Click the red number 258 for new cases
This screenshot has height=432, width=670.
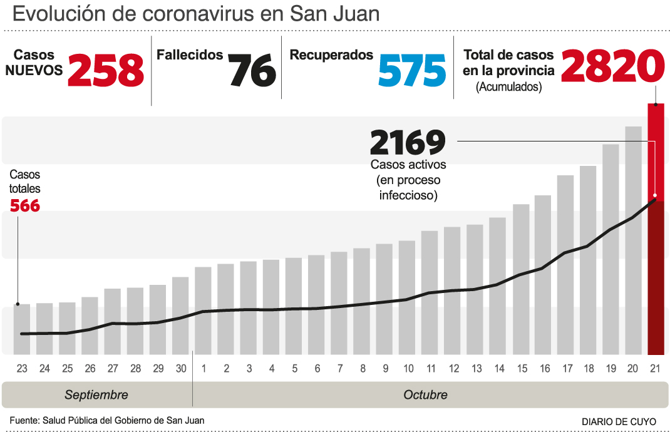[106, 69]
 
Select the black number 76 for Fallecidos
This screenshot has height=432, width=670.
[252, 69]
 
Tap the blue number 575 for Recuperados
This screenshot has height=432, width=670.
[412, 69]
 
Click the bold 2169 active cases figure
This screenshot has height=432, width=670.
[408, 143]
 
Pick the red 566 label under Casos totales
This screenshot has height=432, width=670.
[25, 205]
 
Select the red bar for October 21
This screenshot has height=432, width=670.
[656, 229]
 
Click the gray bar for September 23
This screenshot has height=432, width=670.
[22, 329]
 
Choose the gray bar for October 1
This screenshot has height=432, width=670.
[204, 310]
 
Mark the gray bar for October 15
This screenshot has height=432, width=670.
[521, 279]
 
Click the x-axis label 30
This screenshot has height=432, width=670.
[181, 369]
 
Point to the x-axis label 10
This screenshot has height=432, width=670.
[408, 369]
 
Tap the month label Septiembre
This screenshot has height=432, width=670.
[96, 395]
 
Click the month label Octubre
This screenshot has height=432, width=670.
[426, 395]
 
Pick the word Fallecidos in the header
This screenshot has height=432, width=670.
[190, 55]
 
